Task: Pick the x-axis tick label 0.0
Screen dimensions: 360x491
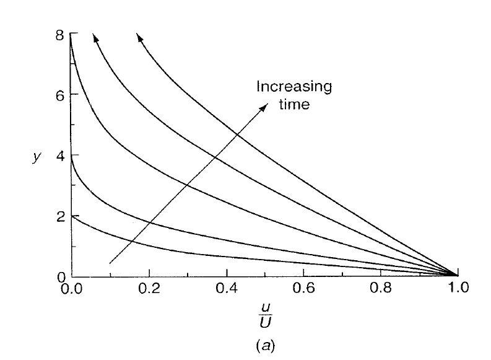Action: tap(71, 288)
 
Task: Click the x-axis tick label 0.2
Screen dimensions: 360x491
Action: tap(149, 288)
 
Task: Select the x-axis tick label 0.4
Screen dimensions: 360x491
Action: tap(227, 288)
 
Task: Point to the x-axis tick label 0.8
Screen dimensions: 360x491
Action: tap(381, 288)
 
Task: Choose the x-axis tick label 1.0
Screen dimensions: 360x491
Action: tap(458, 288)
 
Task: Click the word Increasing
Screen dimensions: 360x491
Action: tap(295, 87)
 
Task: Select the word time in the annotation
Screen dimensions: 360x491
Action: tap(295, 105)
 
